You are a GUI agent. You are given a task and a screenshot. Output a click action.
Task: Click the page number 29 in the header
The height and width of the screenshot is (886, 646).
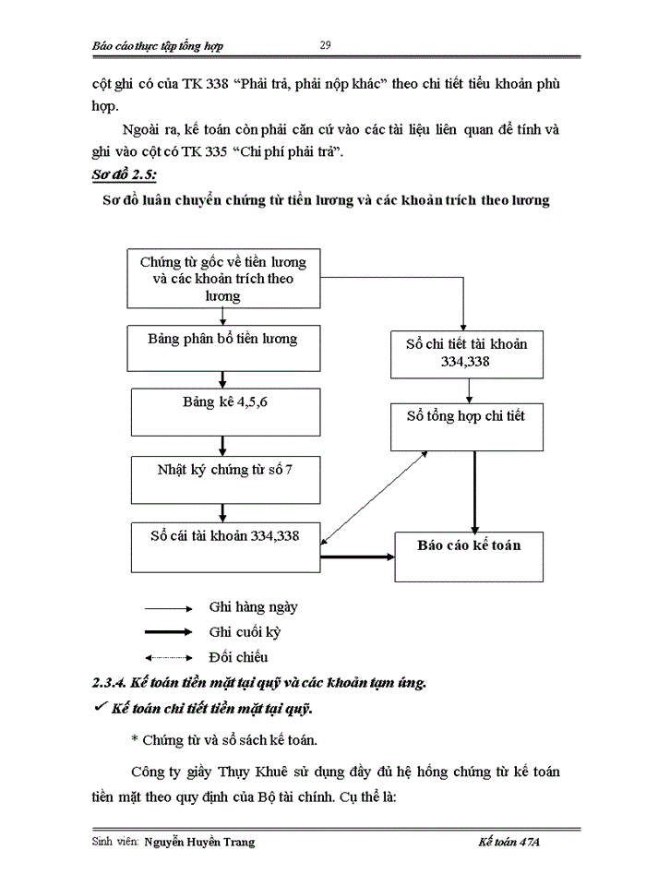click(x=325, y=45)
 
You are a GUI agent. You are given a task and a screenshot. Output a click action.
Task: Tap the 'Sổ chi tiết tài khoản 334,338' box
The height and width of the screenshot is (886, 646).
click(x=465, y=352)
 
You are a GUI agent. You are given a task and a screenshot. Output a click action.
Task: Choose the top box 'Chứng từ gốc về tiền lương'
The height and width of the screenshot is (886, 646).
click(x=223, y=278)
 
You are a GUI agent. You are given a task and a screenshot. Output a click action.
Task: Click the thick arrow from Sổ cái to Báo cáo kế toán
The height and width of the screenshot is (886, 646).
click(x=355, y=557)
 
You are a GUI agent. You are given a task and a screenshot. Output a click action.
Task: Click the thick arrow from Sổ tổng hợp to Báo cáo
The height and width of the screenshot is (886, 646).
click(x=474, y=489)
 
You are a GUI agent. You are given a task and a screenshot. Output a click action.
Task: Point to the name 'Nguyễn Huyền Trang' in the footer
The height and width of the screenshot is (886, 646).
click(x=199, y=842)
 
